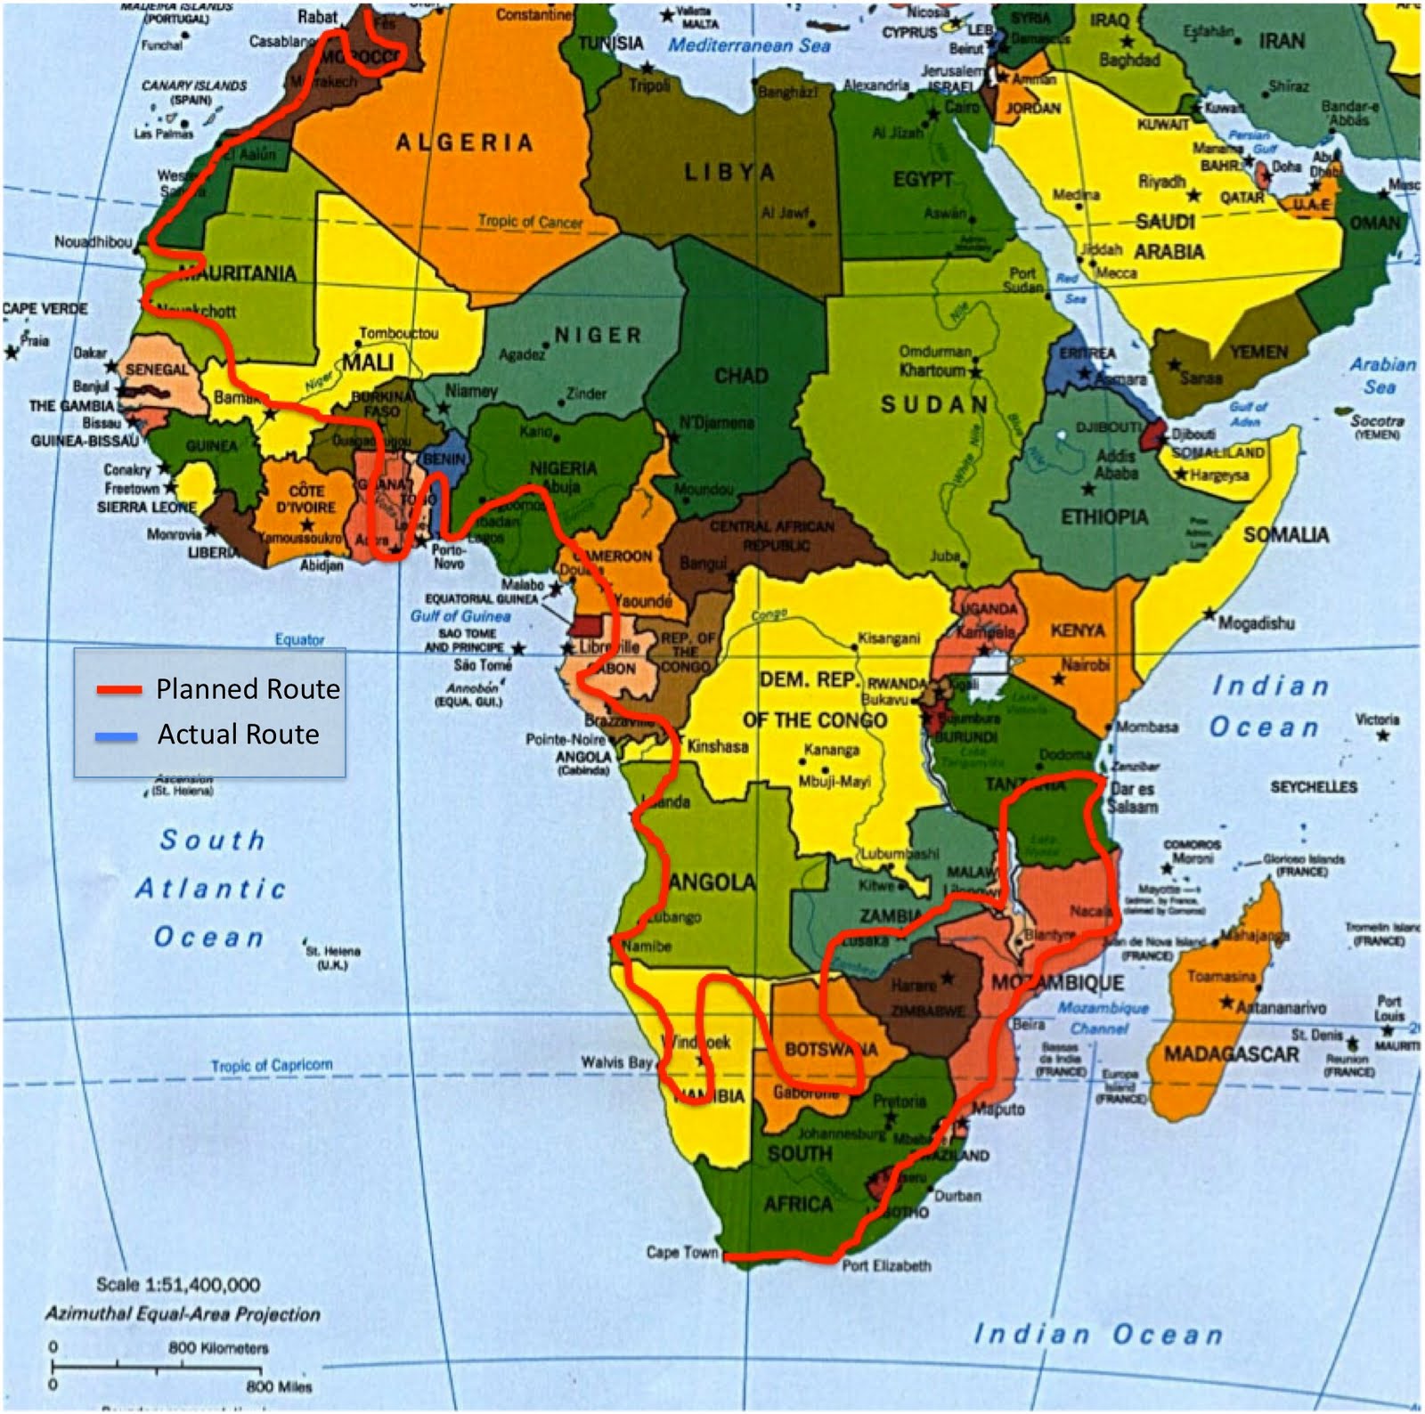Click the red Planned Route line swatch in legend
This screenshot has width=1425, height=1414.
click(119, 689)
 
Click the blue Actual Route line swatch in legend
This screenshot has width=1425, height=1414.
click(117, 735)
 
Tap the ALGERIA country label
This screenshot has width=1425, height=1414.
click(464, 142)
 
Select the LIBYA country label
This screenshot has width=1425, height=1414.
click(729, 172)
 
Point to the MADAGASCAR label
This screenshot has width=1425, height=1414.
click(1232, 1054)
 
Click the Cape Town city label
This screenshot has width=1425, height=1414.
click(681, 1252)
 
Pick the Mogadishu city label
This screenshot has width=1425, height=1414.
click(1256, 623)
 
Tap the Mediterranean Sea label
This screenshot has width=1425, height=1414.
click(749, 45)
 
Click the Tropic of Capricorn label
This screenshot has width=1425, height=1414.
click(272, 1065)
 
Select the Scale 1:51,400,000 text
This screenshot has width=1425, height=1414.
click(178, 1285)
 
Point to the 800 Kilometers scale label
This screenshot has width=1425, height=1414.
click(218, 1348)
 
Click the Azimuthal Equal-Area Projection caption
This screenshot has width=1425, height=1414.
click(183, 1314)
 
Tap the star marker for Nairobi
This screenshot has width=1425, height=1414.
click(1058, 679)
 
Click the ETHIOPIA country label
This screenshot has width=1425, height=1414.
click(1103, 517)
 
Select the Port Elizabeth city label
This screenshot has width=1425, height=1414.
click(886, 1265)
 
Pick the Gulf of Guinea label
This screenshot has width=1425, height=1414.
click(460, 615)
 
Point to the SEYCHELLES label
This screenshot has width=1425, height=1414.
click(1313, 787)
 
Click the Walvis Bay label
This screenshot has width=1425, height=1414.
click(615, 1062)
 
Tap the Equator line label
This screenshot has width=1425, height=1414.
click(299, 639)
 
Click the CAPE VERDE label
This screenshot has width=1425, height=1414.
click(45, 309)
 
